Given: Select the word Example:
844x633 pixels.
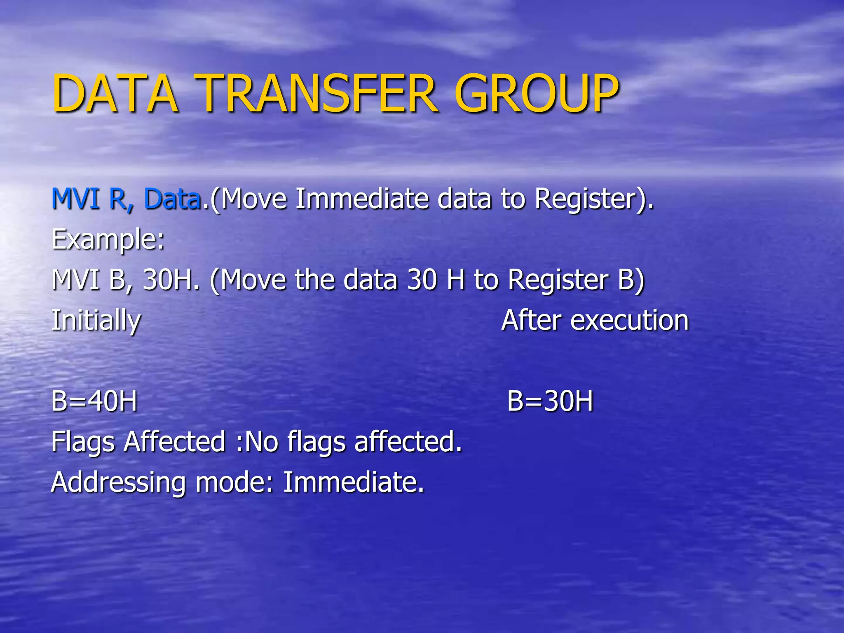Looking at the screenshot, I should point(108,240).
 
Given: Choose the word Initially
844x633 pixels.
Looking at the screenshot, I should point(96,321).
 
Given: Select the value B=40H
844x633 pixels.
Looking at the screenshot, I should point(94,401).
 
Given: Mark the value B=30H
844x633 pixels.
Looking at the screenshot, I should point(550,401).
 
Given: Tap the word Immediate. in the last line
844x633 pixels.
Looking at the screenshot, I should point(353,482).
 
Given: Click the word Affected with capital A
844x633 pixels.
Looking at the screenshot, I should point(175,441).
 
